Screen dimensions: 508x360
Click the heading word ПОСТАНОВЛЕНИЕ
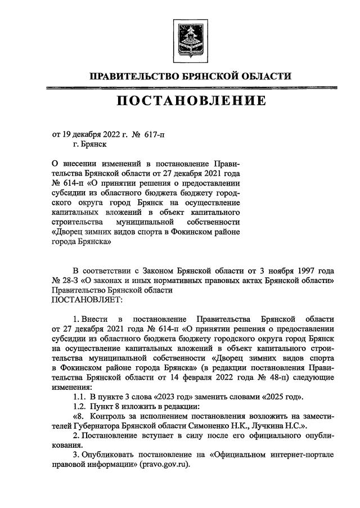click(183, 101)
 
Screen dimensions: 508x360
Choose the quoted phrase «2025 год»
click(278, 397)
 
